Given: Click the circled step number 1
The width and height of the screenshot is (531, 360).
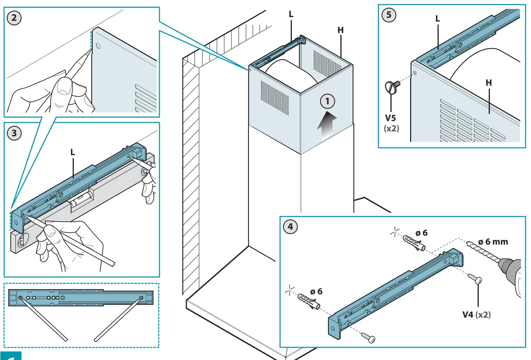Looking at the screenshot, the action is click(327, 101).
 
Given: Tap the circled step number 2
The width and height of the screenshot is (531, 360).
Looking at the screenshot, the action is click(14, 18).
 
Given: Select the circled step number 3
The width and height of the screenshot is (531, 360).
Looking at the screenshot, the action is click(14, 133).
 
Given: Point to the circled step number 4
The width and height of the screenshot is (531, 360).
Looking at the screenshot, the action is click(290, 227).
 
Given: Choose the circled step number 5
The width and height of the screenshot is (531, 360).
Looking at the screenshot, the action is click(389, 15).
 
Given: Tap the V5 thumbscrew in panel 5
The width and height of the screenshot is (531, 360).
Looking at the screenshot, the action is click(392, 87).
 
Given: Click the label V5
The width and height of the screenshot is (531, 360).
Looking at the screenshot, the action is click(390, 118).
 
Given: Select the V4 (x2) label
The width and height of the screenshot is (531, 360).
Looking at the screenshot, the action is click(476, 315).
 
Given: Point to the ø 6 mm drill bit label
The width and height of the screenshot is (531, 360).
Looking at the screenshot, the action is click(493, 242).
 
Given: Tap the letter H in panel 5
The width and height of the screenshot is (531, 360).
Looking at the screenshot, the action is click(489, 83).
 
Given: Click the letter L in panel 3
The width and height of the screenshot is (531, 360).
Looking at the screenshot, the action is click(73, 152).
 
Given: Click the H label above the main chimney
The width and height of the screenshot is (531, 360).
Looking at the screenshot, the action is click(340, 30).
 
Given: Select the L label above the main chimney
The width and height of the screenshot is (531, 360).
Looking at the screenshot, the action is click(291, 14).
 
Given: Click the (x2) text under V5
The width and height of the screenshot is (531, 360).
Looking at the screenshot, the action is click(391, 128).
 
